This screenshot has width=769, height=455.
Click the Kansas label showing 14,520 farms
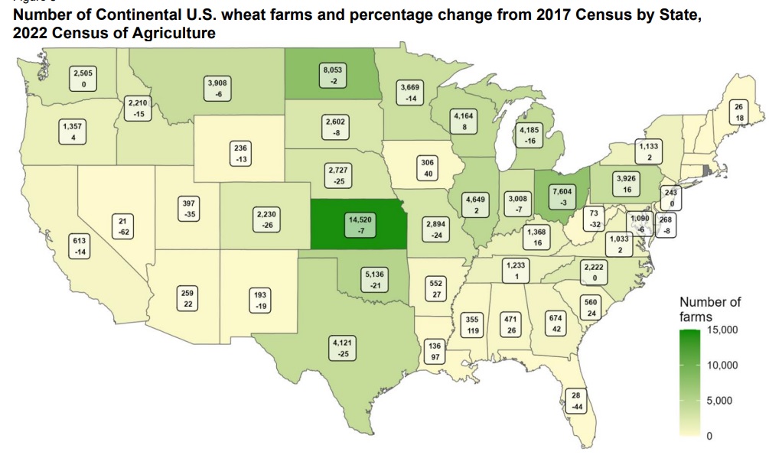[x=359, y=225]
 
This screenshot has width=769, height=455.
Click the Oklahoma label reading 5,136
[x=374, y=279]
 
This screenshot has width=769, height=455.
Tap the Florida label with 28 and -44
[x=577, y=400]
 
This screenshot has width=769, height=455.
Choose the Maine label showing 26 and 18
[x=739, y=112]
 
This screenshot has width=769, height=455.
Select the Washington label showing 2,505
[x=81, y=77]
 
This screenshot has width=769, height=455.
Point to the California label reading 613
[x=80, y=246]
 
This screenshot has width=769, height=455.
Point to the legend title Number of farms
[x=709, y=309]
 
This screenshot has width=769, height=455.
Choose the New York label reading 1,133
[x=648, y=151]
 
